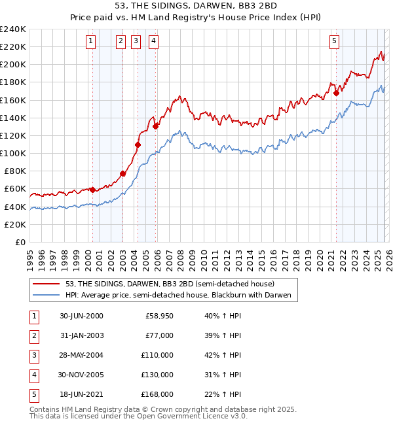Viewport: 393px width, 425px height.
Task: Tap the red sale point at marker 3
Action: click(138, 144)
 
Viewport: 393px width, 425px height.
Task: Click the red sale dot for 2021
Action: click(336, 93)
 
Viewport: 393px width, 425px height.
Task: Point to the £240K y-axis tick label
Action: click(13, 29)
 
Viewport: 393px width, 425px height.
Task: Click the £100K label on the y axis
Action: click(13, 153)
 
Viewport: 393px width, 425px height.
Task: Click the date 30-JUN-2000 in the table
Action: click(81, 316)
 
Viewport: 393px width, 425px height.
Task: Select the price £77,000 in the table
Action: click(159, 335)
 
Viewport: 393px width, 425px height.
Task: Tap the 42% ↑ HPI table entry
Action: click(222, 355)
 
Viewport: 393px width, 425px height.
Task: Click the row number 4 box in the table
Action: click(32, 375)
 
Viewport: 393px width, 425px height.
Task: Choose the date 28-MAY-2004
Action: click(81, 355)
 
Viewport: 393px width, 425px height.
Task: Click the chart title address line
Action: click(196, 7)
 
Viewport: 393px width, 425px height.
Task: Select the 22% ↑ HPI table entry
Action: click(222, 394)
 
